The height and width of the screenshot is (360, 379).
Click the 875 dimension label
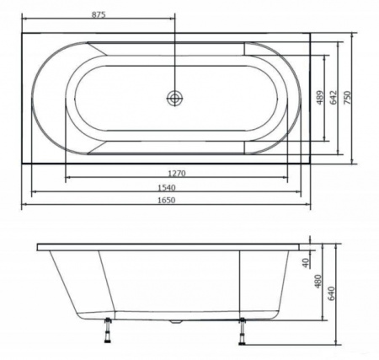coord(99,14)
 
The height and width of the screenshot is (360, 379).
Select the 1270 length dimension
coord(177,174)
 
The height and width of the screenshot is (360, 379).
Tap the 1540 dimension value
coord(167,187)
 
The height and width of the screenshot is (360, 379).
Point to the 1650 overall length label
coord(166,200)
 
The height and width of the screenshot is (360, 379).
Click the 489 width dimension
coord(320,98)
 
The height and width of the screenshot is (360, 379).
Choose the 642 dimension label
coord(333,98)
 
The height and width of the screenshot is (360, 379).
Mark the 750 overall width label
coord(348,98)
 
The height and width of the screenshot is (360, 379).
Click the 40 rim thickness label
coord(306,262)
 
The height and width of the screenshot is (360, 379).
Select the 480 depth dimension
coord(318,282)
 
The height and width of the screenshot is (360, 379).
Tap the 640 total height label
coord(332,293)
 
